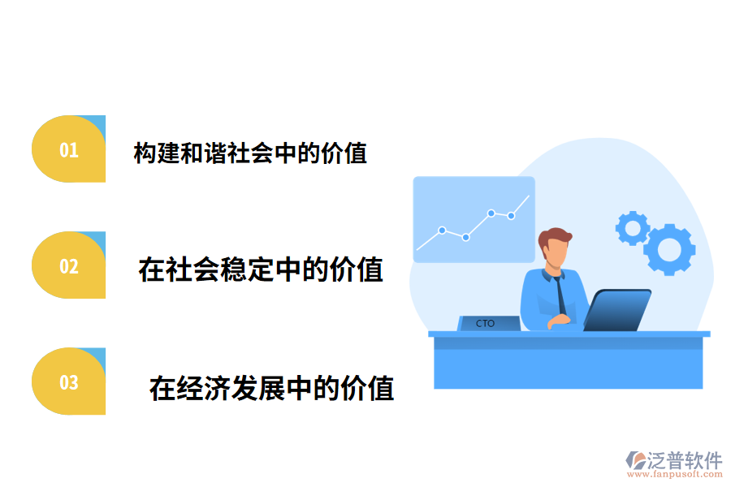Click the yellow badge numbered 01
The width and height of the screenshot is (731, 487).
pyautogui.click(x=69, y=149)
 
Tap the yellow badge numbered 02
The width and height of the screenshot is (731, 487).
pyautogui.click(x=69, y=265)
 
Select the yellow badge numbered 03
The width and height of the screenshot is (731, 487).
pyautogui.click(x=69, y=381)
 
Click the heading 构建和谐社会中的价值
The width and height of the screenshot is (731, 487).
pyautogui.click(x=250, y=153)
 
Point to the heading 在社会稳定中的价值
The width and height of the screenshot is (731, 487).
pyautogui.click(x=261, y=269)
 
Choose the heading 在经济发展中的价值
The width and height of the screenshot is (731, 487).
pyautogui.click(x=271, y=388)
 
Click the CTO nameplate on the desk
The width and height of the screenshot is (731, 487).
pyautogui.click(x=488, y=323)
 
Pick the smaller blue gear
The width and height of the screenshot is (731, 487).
pyautogui.click(x=631, y=228)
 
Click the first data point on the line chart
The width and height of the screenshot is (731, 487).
pyautogui.click(x=442, y=230)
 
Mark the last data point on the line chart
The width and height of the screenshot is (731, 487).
pyautogui.click(x=512, y=215)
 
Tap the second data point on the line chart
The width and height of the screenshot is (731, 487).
pyautogui.click(x=465, y=237)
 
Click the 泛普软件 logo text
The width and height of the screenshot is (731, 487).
pyautogui.click(x=684, y=460)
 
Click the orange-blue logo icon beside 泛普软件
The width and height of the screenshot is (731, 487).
pyautogui.click(x=635, y=460)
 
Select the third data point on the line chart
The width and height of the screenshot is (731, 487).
pyautogui.click(x=491, y=213)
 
